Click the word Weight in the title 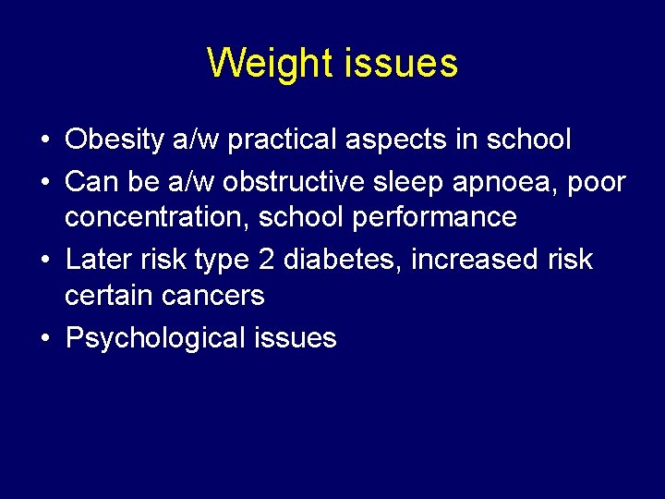(270, 64)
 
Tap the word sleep (422, 182)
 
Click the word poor (597, 182)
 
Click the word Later (98, 260)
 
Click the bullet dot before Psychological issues (44, 338)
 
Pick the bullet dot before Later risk (44, 261)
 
